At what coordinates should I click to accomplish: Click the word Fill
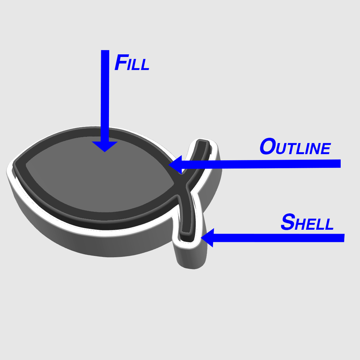132,62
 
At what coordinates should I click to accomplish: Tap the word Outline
295,147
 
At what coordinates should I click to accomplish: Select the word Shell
307,222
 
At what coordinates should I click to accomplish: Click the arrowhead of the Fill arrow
105,147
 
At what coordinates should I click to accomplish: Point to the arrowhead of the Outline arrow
176,165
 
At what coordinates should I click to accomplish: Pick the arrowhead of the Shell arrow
208,238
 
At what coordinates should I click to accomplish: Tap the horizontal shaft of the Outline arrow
261,164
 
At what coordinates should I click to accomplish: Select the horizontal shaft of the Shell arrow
279,238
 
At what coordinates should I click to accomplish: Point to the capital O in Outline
268,146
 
